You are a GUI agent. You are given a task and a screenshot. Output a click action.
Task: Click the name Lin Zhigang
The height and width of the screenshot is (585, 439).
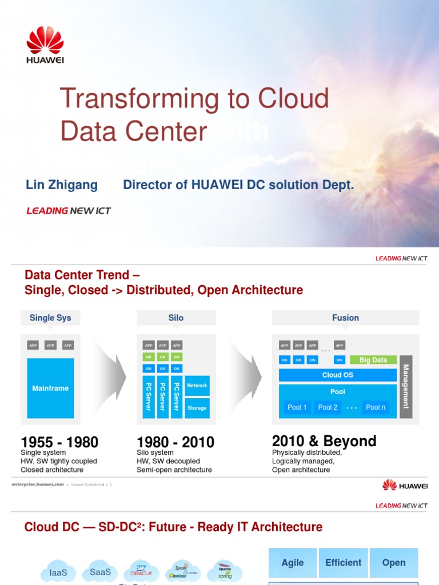click(62, 185)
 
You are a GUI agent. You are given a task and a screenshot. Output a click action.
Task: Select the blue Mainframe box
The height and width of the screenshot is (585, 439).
click(50, 388)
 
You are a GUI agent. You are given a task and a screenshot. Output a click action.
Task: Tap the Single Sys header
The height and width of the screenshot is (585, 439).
click(50, 318)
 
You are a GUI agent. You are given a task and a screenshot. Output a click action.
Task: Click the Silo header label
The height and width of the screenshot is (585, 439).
click(176, 318)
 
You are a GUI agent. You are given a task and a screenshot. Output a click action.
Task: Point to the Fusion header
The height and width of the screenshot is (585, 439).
click(345, 318)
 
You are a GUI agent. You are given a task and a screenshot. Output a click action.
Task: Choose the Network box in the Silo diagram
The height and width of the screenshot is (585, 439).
click(197, 386)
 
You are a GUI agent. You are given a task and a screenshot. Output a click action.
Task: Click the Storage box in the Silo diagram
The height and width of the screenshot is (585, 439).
click(197, 408)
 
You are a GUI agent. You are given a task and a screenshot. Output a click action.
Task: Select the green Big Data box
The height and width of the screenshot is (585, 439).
click(373, 360)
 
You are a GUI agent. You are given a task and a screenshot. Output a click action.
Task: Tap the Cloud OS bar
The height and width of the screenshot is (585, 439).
click(337, 375)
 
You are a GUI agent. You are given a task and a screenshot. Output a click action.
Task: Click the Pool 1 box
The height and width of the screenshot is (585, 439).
click(297, 407)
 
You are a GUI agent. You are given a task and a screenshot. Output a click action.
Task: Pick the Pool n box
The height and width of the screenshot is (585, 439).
click(376, 407)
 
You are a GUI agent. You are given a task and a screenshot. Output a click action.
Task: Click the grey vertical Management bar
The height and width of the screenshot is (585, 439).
click(406, 387)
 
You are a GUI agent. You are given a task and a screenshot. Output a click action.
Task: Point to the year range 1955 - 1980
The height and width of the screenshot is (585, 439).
click(59, 443)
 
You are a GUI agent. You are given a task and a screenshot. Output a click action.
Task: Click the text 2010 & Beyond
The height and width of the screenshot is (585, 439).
click(324, 441)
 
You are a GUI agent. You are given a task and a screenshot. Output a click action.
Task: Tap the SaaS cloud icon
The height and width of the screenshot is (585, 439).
click(100, 572)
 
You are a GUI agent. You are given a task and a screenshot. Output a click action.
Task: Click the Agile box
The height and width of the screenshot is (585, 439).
click(293, 563)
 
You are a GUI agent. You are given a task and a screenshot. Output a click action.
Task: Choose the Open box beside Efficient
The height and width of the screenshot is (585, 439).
click(394, 563)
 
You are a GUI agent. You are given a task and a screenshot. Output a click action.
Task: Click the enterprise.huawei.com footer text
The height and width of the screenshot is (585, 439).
click(38, 484)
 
